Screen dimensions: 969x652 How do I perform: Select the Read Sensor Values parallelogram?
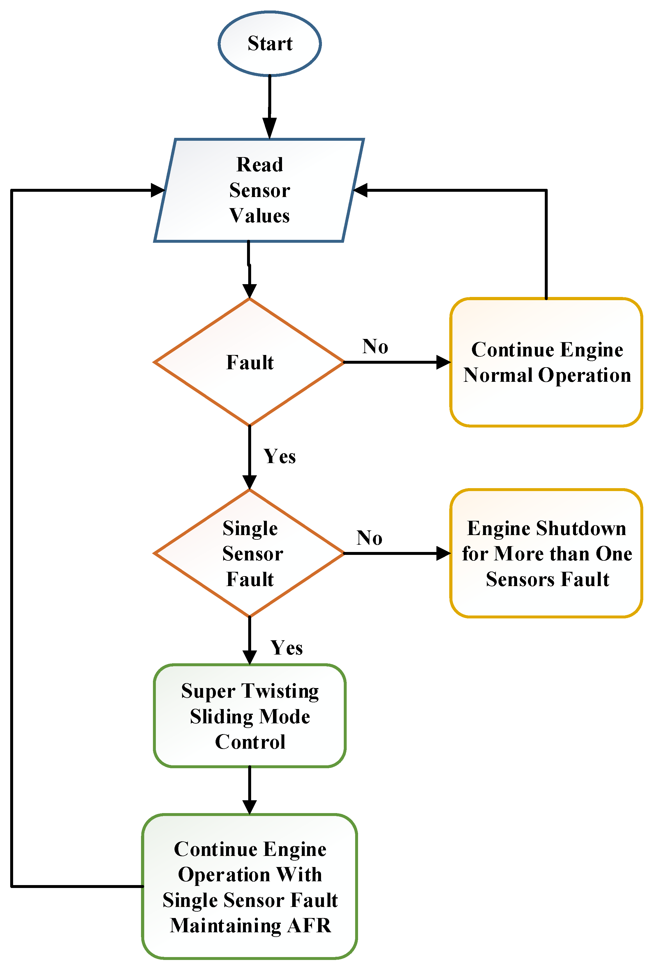[x=259, y=190]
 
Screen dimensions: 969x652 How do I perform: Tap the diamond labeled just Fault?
[x=249, y=362]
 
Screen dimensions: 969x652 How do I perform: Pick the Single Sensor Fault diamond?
[x=249, y=553]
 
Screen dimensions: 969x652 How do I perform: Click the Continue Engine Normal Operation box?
[x=546, y=362]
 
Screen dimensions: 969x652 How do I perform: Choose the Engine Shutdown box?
[x=546, y=553]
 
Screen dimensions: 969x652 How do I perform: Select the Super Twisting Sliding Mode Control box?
[x=249, y=716]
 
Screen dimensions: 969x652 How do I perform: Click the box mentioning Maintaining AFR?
[x=249, y=886]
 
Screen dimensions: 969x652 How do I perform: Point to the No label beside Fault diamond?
[x=375, y=347]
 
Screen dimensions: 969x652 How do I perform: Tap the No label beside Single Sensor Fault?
[x=369, y=538]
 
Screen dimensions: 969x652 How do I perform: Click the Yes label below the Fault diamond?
[x=279, y=456]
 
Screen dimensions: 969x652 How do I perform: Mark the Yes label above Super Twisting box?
[x=286, y=648]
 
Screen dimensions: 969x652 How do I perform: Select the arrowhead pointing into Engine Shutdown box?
[x=443, y=553]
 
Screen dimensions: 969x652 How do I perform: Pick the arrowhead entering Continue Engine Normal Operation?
[x=443, y=362]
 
